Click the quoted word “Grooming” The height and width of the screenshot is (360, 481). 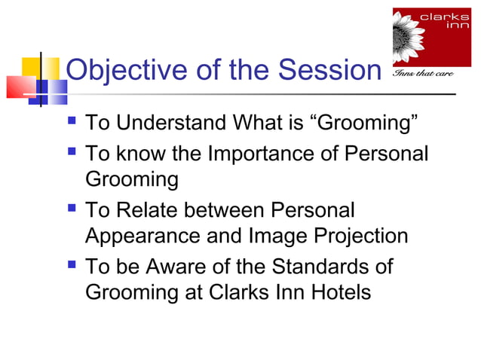[364, 122]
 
